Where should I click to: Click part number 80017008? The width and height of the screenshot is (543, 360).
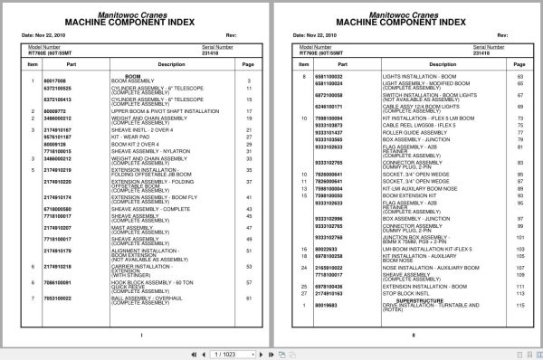tap(56, 81)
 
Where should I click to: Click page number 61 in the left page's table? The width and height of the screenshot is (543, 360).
tap(248, 297)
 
